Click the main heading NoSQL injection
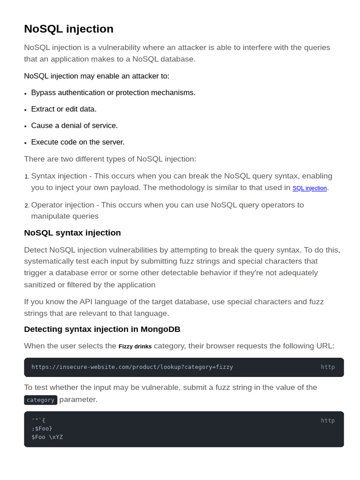(x=68, y=29)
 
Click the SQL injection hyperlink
(x=309, y=188)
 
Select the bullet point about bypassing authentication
(x=113, y=92)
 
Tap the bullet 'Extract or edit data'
(x=64, y=109)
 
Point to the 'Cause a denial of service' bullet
(x=75, y=126)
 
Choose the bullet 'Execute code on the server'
(x=78, y=142)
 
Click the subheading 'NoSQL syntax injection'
(x=72, y=233)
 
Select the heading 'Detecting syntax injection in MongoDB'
(x=102, y=330)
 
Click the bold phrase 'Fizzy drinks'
(x=135, y=347)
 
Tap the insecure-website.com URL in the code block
(x=132, y=367)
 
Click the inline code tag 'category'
(x=41, y=400)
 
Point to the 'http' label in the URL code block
(x=328, y=367)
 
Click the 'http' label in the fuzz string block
(x=328, y=420)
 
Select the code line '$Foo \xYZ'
(x=47, y=437)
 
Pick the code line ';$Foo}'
(x=42, y=428)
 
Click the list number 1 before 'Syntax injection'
(x=27, y=177)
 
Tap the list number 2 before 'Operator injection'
(x=27, y=206)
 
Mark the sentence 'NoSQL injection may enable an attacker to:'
(x=97, y=76)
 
